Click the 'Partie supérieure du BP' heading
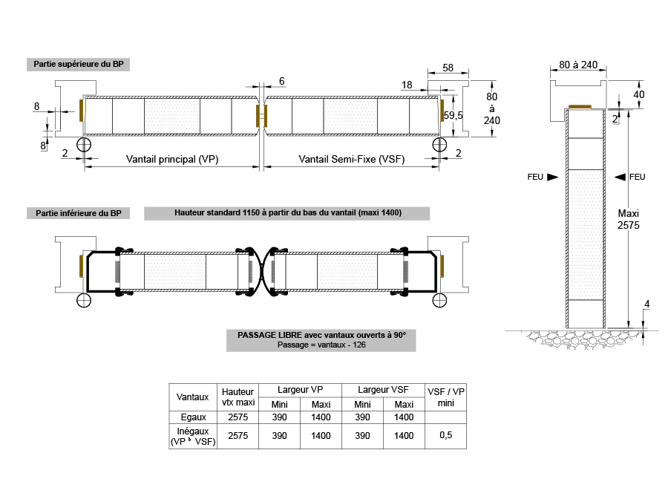(79, 65)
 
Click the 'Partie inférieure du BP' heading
(79, 213)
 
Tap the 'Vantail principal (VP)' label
(172, 160)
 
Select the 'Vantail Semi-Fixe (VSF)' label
(352, 160)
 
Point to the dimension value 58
(448, 68)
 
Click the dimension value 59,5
(453, 116)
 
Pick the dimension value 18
(407, 85)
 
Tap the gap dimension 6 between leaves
(281, 81)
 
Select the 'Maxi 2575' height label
(629, 219)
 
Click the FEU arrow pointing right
(552, 177)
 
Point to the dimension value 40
(638, 94)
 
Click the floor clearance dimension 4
(647, 304)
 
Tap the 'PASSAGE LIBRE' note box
(321, 340)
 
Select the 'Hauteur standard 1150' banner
(287, 212)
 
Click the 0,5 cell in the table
(445, 435)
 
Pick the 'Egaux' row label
(194, 417)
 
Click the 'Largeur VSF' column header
(383, 390)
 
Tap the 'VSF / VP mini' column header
(445, 397)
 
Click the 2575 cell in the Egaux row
(238, 417)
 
